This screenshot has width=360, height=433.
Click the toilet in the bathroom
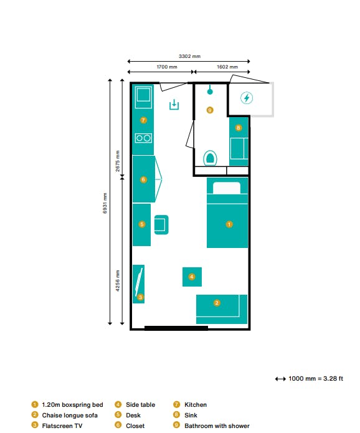tap(210, 158)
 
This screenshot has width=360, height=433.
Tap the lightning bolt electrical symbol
tap(247, 98)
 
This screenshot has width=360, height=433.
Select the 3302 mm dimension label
tap(189, 56)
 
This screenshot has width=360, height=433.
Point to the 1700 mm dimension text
tap(167, 67)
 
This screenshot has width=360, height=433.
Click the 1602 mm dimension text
tap(227, 67)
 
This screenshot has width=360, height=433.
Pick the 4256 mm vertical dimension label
tap(118, 280)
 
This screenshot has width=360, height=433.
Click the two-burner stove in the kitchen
tap(143, 138)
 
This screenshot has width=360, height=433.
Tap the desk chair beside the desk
tap(161, 224)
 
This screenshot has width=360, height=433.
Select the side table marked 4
tap(192, 277)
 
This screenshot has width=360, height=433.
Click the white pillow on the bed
tap(227, 188)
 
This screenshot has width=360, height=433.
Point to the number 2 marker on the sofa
tap(217, 303)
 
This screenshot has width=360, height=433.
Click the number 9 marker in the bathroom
tap(210, 110)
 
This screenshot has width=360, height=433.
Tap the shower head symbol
tap(210, 90)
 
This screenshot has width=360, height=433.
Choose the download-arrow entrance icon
tap(174, 105)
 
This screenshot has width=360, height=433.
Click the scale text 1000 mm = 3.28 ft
tap(316, 379)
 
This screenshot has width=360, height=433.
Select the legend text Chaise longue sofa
tap(70, 416)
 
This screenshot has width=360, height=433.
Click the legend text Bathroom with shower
tap(217, 426)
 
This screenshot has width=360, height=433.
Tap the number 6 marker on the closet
tap(143, 179)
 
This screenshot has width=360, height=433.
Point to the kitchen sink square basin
tap(143, 95)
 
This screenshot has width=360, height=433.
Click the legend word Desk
tap(133, 416)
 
